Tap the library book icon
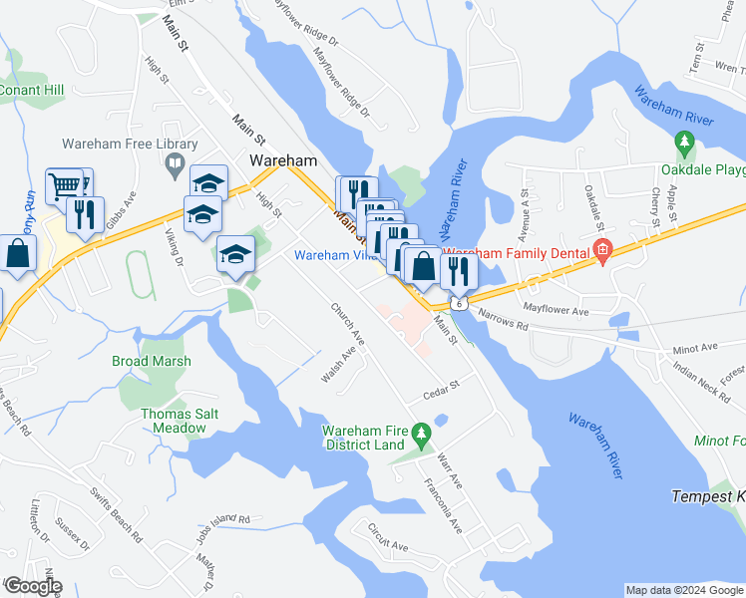tap(174, 162)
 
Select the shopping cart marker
tap(64, 185)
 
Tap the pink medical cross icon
tap(601, 250)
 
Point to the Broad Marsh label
tap(151, 361)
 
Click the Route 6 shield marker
tap(458, 300)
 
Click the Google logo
tap(32, 586)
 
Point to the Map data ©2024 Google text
tap(683, 590)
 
